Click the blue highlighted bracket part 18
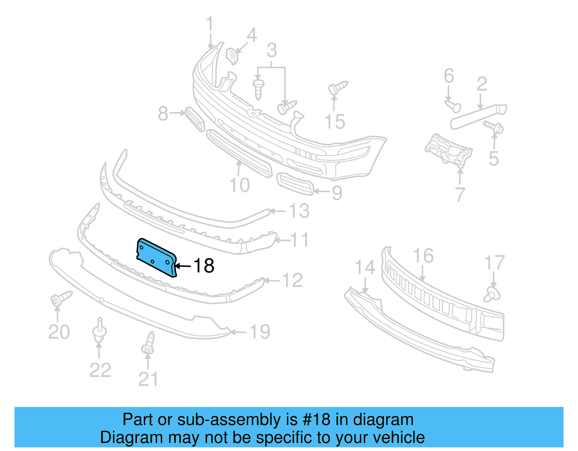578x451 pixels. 156,257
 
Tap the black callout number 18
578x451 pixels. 204,266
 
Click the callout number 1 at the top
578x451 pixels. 210,25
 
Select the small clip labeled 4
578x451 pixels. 232,56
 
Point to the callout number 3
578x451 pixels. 272,51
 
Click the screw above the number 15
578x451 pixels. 337,87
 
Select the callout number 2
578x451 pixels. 482,84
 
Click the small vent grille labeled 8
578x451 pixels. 195,119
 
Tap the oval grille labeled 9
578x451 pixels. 295,184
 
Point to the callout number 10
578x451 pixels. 240,185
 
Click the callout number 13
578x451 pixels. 299,211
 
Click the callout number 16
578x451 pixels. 423,256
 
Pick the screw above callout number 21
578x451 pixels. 148,343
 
